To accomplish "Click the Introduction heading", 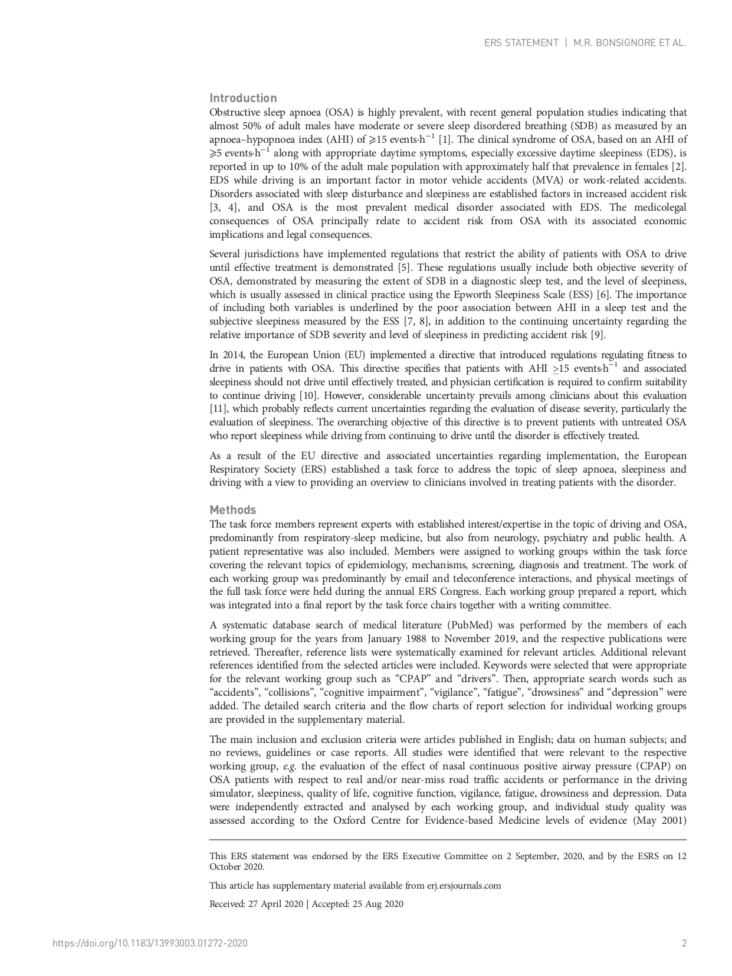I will point(243,98).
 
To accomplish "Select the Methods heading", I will point(233,510).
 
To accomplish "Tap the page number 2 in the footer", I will point(684,943).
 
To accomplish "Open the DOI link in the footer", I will point(150,943).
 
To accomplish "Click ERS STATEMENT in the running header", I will point(521,43).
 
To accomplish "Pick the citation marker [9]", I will point(598,335).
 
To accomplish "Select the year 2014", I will point(231,355).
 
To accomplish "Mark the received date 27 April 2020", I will point(274,904).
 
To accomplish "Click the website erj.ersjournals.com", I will point(464,886).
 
